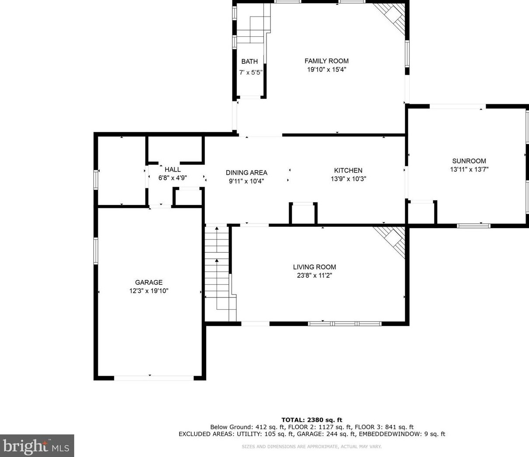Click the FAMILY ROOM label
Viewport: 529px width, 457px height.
pos(326,61)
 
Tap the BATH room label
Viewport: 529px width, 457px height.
pos(249,62)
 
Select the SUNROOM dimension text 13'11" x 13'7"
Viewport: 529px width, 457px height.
pos(469,170)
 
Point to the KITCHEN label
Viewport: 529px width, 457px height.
pos(348,170)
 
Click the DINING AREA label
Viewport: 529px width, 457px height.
pos(246,173)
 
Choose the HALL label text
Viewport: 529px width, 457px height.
pos(173,170)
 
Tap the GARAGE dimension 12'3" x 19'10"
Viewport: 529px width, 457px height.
pos(149,291)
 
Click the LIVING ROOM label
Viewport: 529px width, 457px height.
pos(315,267)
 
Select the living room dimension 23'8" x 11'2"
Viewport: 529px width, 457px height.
pos(315,276)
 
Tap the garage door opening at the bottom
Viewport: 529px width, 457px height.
pos(154,378)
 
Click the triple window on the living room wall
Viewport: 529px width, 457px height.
pos(345,324)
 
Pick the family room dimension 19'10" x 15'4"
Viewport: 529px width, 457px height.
pos(327,69)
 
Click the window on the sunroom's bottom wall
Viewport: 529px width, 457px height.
pos(474,226)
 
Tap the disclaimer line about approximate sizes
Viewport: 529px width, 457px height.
pos(312,447)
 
